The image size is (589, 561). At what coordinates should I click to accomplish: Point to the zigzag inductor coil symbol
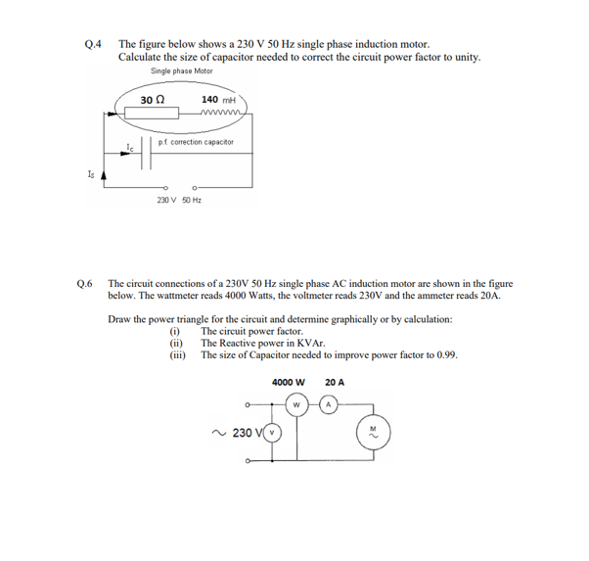tap(220, 115)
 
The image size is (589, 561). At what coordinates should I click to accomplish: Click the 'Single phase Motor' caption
tap(182, 70)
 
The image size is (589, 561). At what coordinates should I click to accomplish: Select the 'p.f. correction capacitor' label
tap(196, 142)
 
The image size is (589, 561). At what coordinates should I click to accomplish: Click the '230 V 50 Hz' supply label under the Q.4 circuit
tap(179, 200)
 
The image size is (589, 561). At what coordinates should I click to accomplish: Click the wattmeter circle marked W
tap(296, 403)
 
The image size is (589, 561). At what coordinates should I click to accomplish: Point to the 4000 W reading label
tap(291, 382)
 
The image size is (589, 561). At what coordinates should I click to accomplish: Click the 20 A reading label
tap(334, 382)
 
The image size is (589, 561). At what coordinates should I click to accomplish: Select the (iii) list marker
tap(178, 354)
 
